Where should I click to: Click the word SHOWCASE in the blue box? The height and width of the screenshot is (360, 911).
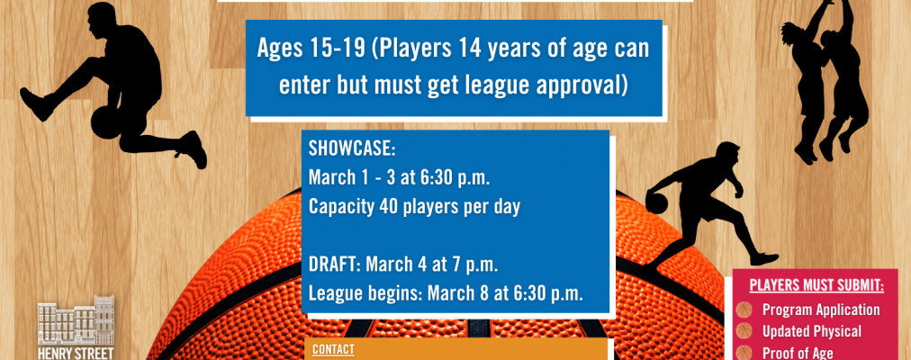[351, 148]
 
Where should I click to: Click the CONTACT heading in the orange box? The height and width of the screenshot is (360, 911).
[333, 349]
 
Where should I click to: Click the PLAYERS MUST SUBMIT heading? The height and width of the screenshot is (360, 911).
[816, 285]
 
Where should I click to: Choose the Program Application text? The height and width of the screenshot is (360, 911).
[821, 310]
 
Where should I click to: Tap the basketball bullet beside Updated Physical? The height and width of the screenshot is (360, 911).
[744, 331]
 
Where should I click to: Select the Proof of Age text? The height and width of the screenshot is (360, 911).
[798, 353]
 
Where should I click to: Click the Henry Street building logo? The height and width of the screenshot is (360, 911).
[76, 328]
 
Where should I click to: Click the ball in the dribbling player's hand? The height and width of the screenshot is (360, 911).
[656, 202]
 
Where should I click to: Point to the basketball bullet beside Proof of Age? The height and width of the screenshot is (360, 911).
[744, 353]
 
